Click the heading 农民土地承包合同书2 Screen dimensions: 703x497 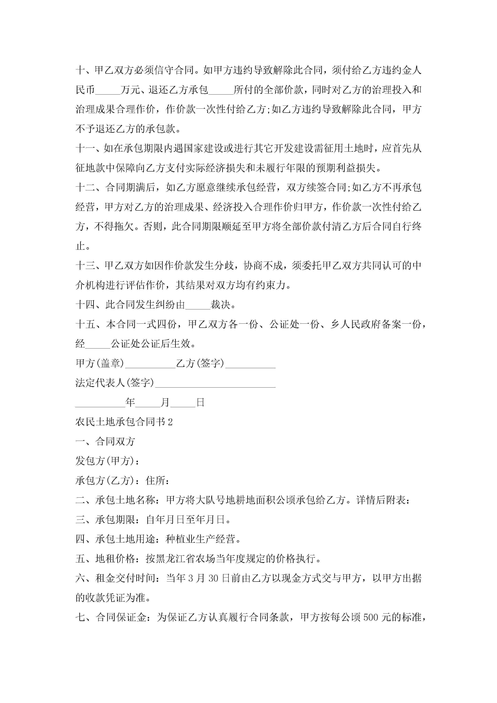click(x=124, y=422)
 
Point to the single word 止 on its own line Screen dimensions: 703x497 click(x=80, y=246)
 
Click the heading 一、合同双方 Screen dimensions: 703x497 click(x=105, y=441)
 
